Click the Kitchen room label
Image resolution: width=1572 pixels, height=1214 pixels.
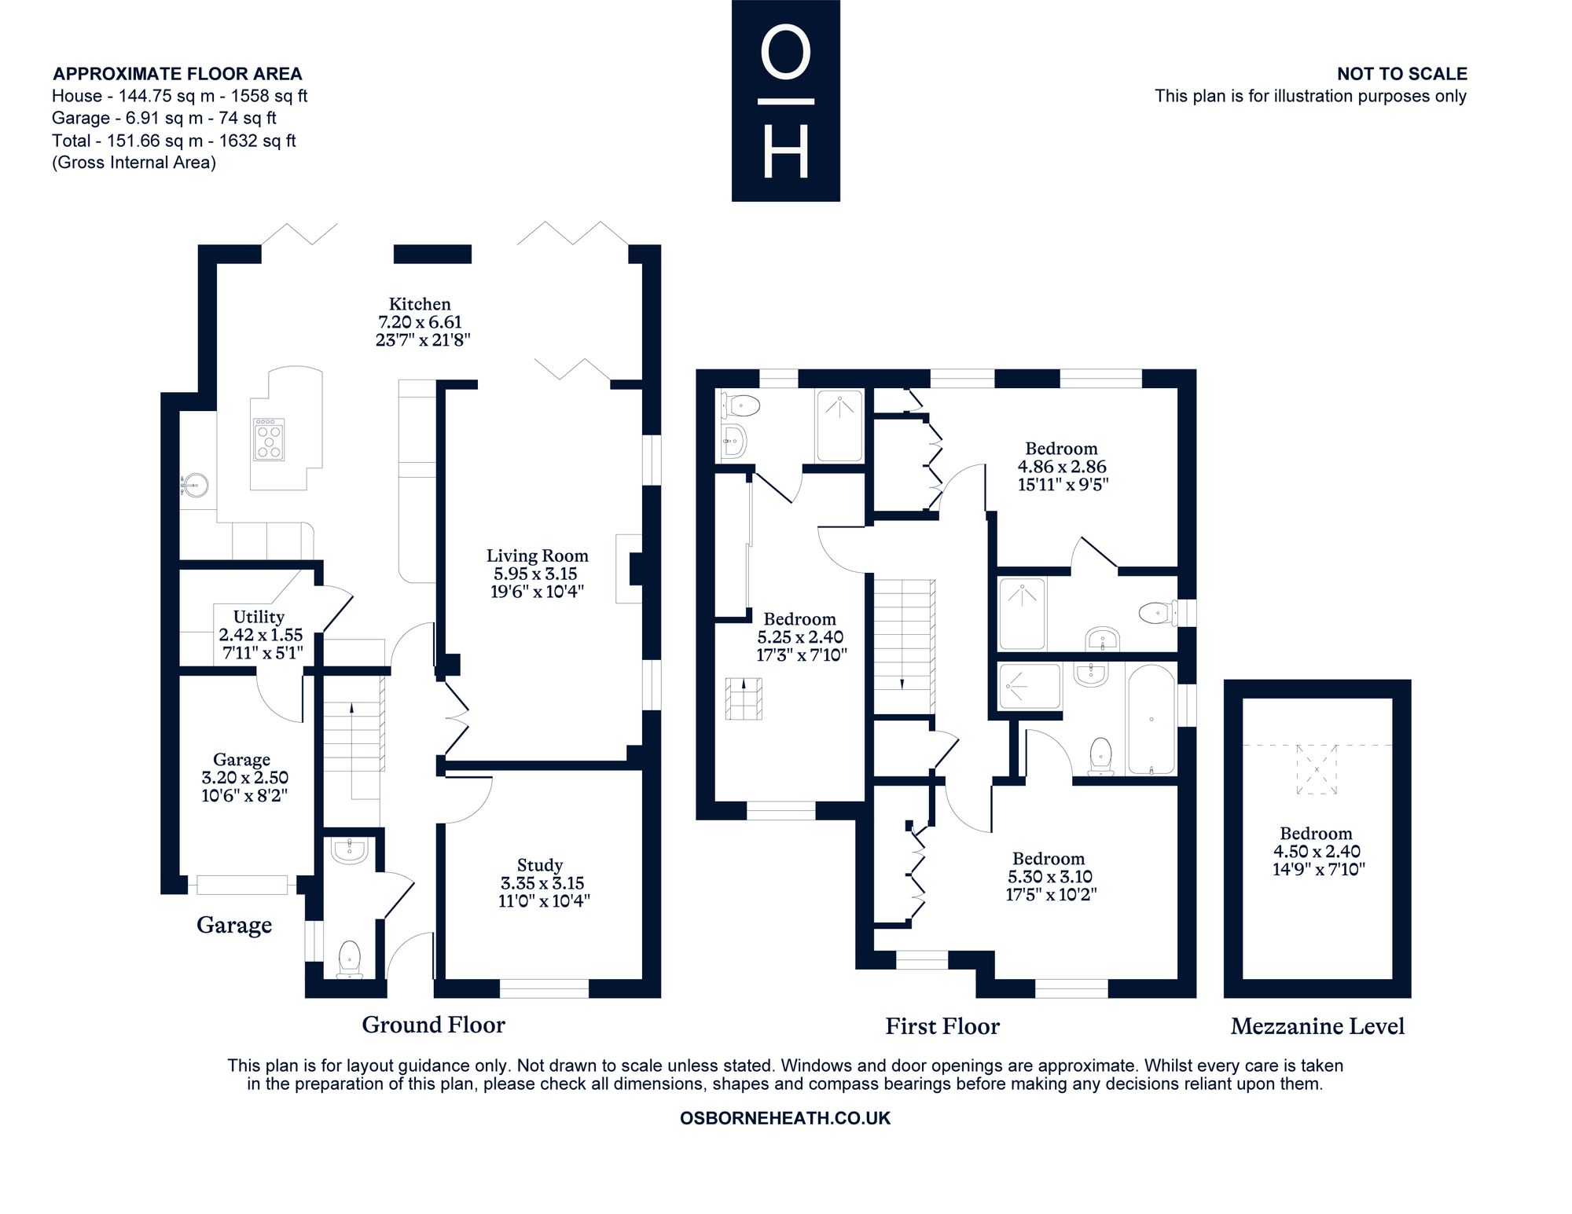point(420,304)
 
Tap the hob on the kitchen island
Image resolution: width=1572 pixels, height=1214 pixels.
point(269,438)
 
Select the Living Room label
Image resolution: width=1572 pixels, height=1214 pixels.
point(537,556)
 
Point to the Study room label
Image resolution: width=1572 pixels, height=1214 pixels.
point(540,866)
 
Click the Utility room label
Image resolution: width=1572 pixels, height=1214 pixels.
point(259,617)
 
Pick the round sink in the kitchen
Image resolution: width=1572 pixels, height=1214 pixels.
point(193,486)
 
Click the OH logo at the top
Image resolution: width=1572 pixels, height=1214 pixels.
point(785,101)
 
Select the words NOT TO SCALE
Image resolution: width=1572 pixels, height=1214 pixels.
point(1401,74)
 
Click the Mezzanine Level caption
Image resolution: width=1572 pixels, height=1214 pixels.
point(1317,1026)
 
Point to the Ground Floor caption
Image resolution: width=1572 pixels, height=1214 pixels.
point(433,1025)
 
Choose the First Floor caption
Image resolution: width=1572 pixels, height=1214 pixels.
point(942,1026)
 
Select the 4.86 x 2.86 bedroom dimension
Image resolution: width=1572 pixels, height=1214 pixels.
point(1061,467)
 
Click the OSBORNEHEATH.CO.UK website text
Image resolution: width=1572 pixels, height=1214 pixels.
point(785,1118)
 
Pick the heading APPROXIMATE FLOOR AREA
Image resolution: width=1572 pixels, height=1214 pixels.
point(178,74)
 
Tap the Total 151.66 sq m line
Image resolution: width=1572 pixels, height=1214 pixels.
point(174,141)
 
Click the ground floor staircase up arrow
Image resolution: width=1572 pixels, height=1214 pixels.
point(351,709)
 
